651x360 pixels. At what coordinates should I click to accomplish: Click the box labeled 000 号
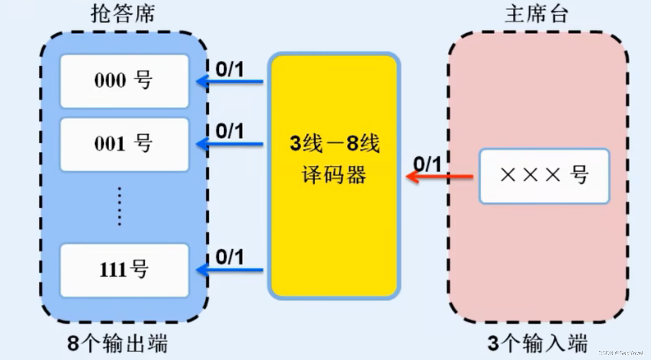pos(124,81)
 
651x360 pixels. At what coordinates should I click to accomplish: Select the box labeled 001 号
pos(124,144)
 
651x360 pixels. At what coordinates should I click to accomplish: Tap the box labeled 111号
pos(124,270)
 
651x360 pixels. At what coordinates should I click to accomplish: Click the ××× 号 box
pos(544,176)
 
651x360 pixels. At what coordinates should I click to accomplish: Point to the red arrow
pos(440,177)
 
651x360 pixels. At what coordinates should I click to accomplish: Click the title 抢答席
pos(123,14)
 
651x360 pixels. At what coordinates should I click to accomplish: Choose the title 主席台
pos(536,14)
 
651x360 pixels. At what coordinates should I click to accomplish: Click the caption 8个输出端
pos(118,343)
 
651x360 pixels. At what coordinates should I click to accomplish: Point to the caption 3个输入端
pos(537,343)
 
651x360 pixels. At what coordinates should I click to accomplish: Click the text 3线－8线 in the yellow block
pos(335,144)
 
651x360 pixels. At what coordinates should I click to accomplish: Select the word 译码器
pos(334,175)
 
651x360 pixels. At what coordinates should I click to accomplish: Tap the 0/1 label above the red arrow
pos(427,165)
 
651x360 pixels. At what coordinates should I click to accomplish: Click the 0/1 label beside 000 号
pos(230,69)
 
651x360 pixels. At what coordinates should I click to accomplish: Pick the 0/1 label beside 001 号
pos(230,131)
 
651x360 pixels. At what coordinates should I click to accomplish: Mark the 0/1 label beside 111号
pos(230,257)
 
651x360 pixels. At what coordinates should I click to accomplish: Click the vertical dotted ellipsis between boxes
pos(119,206)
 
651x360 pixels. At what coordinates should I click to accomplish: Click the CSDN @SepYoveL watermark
pos(621,353)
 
